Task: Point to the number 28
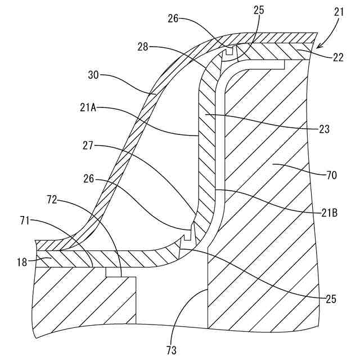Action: tap(142, 47)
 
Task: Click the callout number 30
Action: tap(94, 74)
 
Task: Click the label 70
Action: tap(331, 175)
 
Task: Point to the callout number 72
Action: tap(54, 200)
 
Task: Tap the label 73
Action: tap(171, 349)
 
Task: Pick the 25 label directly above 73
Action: tap(330, 299)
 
